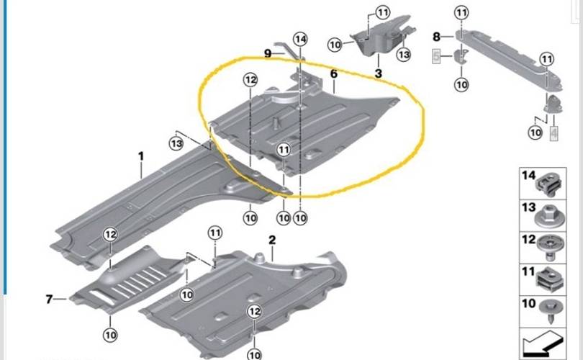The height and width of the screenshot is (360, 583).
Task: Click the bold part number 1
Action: tap(141, 156)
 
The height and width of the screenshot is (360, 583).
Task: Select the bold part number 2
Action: tap(272, 240)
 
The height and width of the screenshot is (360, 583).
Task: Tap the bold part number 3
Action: tap(378, 73)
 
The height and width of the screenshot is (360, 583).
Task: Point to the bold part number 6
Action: tap(333, 73)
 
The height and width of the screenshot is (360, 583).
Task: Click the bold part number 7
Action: tap(50, 299)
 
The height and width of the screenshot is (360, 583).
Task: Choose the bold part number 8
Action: tap(436, 37)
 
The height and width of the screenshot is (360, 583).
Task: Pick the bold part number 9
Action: tap(268, 53)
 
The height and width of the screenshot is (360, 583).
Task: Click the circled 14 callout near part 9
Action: tap(300, 39)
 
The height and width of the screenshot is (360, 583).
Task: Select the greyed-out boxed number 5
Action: tap(436, 57)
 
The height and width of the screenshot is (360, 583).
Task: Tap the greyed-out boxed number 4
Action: tap(553, 132)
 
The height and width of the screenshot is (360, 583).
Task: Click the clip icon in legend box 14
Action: tap(548, 185)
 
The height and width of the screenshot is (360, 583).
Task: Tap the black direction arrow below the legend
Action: tap(543, 345)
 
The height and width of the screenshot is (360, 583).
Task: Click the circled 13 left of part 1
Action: tap(176, 143)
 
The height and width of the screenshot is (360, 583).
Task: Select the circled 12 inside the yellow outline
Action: tap(250, 80)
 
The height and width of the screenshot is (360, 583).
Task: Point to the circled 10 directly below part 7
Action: tap(110, 335)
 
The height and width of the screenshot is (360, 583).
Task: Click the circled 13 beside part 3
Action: tap(404, 55)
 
